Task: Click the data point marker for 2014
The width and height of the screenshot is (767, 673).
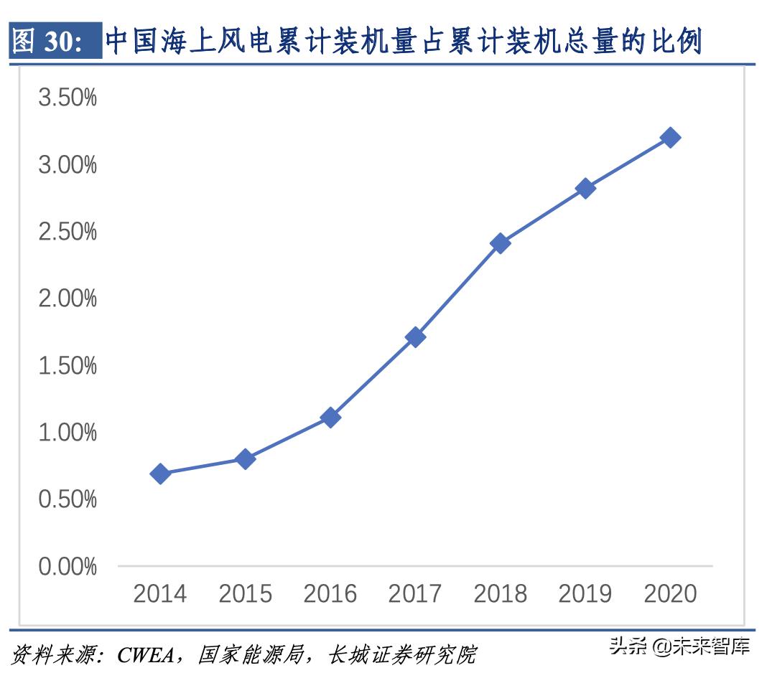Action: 160,474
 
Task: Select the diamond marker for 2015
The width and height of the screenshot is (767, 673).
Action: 245,459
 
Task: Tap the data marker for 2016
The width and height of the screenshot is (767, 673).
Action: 330,418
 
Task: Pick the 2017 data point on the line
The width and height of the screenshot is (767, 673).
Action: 415,336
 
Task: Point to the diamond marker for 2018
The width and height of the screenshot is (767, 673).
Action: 501,243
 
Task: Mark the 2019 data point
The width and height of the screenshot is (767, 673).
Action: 585,189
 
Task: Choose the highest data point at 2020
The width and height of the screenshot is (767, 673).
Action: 671,138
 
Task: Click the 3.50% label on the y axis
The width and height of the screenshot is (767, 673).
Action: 67,98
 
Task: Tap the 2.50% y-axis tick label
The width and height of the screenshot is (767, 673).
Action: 67,232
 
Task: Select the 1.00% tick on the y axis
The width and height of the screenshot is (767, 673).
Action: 67,433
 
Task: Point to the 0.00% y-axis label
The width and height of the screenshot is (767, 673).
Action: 67,567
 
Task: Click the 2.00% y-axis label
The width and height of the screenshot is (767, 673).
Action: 67,298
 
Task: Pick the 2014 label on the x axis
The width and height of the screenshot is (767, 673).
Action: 160,594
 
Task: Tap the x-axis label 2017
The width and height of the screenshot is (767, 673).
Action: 415,594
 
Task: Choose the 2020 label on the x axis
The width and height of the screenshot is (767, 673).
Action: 671,594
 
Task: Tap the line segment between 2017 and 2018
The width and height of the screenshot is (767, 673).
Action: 458,290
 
